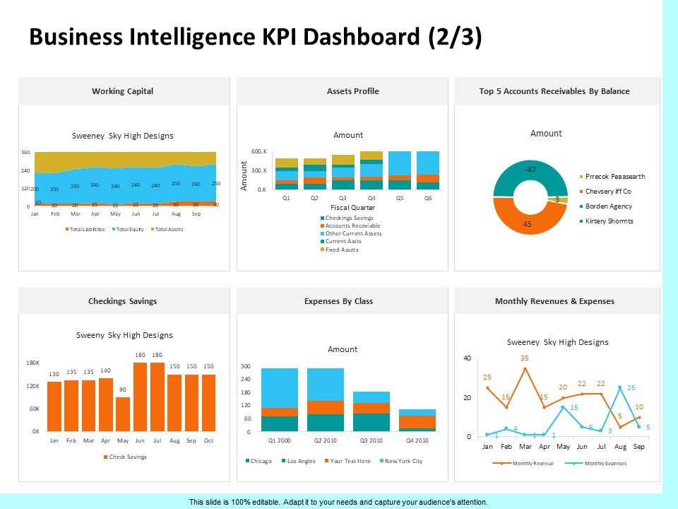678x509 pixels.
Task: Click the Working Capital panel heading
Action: [122, 91]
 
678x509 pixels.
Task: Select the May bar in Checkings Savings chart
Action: [123, 414]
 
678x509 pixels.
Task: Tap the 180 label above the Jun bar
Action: [140, 355]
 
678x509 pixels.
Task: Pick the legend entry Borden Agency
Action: [609, 206]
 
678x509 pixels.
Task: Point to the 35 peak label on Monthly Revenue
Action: [525, 358]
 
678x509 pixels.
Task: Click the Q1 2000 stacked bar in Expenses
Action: [279, 399]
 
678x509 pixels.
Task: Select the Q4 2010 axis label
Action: [417, 441]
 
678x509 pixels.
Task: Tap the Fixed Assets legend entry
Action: [342, 250]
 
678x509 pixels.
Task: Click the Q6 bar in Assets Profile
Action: [427, 170]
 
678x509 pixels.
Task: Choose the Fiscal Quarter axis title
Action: [352, 208]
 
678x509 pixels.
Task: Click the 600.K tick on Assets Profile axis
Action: [258, 152]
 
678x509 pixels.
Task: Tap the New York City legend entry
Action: [403, 461]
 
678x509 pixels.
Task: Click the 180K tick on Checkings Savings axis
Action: [32, 363]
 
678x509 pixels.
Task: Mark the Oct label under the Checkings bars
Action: [208, 440]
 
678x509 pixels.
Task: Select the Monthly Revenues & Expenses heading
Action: [554, 301]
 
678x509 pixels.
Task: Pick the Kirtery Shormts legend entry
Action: [609, 221]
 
